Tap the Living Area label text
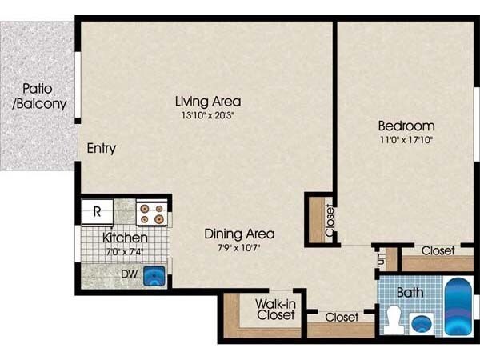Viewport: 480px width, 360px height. [x=208, y=102]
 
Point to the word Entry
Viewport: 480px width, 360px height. [x=102, y=148]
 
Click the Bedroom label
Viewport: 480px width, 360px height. [x=406, y=126]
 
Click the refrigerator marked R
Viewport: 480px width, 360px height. [x=97, y=212]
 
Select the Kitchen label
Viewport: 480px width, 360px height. [x=124, y=238]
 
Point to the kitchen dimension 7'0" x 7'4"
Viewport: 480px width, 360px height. [x=124, y=250]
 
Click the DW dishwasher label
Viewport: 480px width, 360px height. [x=128, y=274]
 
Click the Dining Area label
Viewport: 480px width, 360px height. [x=239, y=234]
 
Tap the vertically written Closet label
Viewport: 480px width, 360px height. [x=330, y=221]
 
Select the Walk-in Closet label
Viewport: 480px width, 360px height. [x=275, y=310]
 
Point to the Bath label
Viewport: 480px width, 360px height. [x=410, y=293]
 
